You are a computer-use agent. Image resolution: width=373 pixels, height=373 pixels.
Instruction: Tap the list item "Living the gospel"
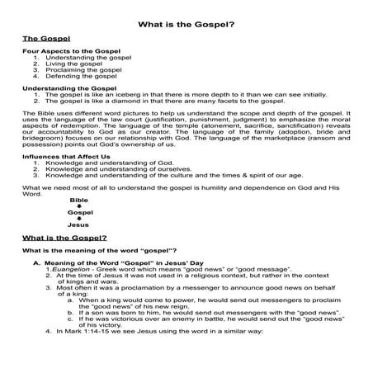pos(70,64)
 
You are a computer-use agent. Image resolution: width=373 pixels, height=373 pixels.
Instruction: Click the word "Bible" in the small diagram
pos(79,201)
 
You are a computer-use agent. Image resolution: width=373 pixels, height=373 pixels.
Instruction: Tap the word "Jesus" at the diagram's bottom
pos(78,224)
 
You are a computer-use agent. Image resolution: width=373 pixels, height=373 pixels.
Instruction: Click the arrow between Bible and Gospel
pos(79,206)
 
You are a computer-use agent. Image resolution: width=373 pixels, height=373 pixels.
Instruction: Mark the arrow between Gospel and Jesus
pos(79,219)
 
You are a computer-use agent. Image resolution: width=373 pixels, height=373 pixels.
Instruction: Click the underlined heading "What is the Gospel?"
pos(64,238)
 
